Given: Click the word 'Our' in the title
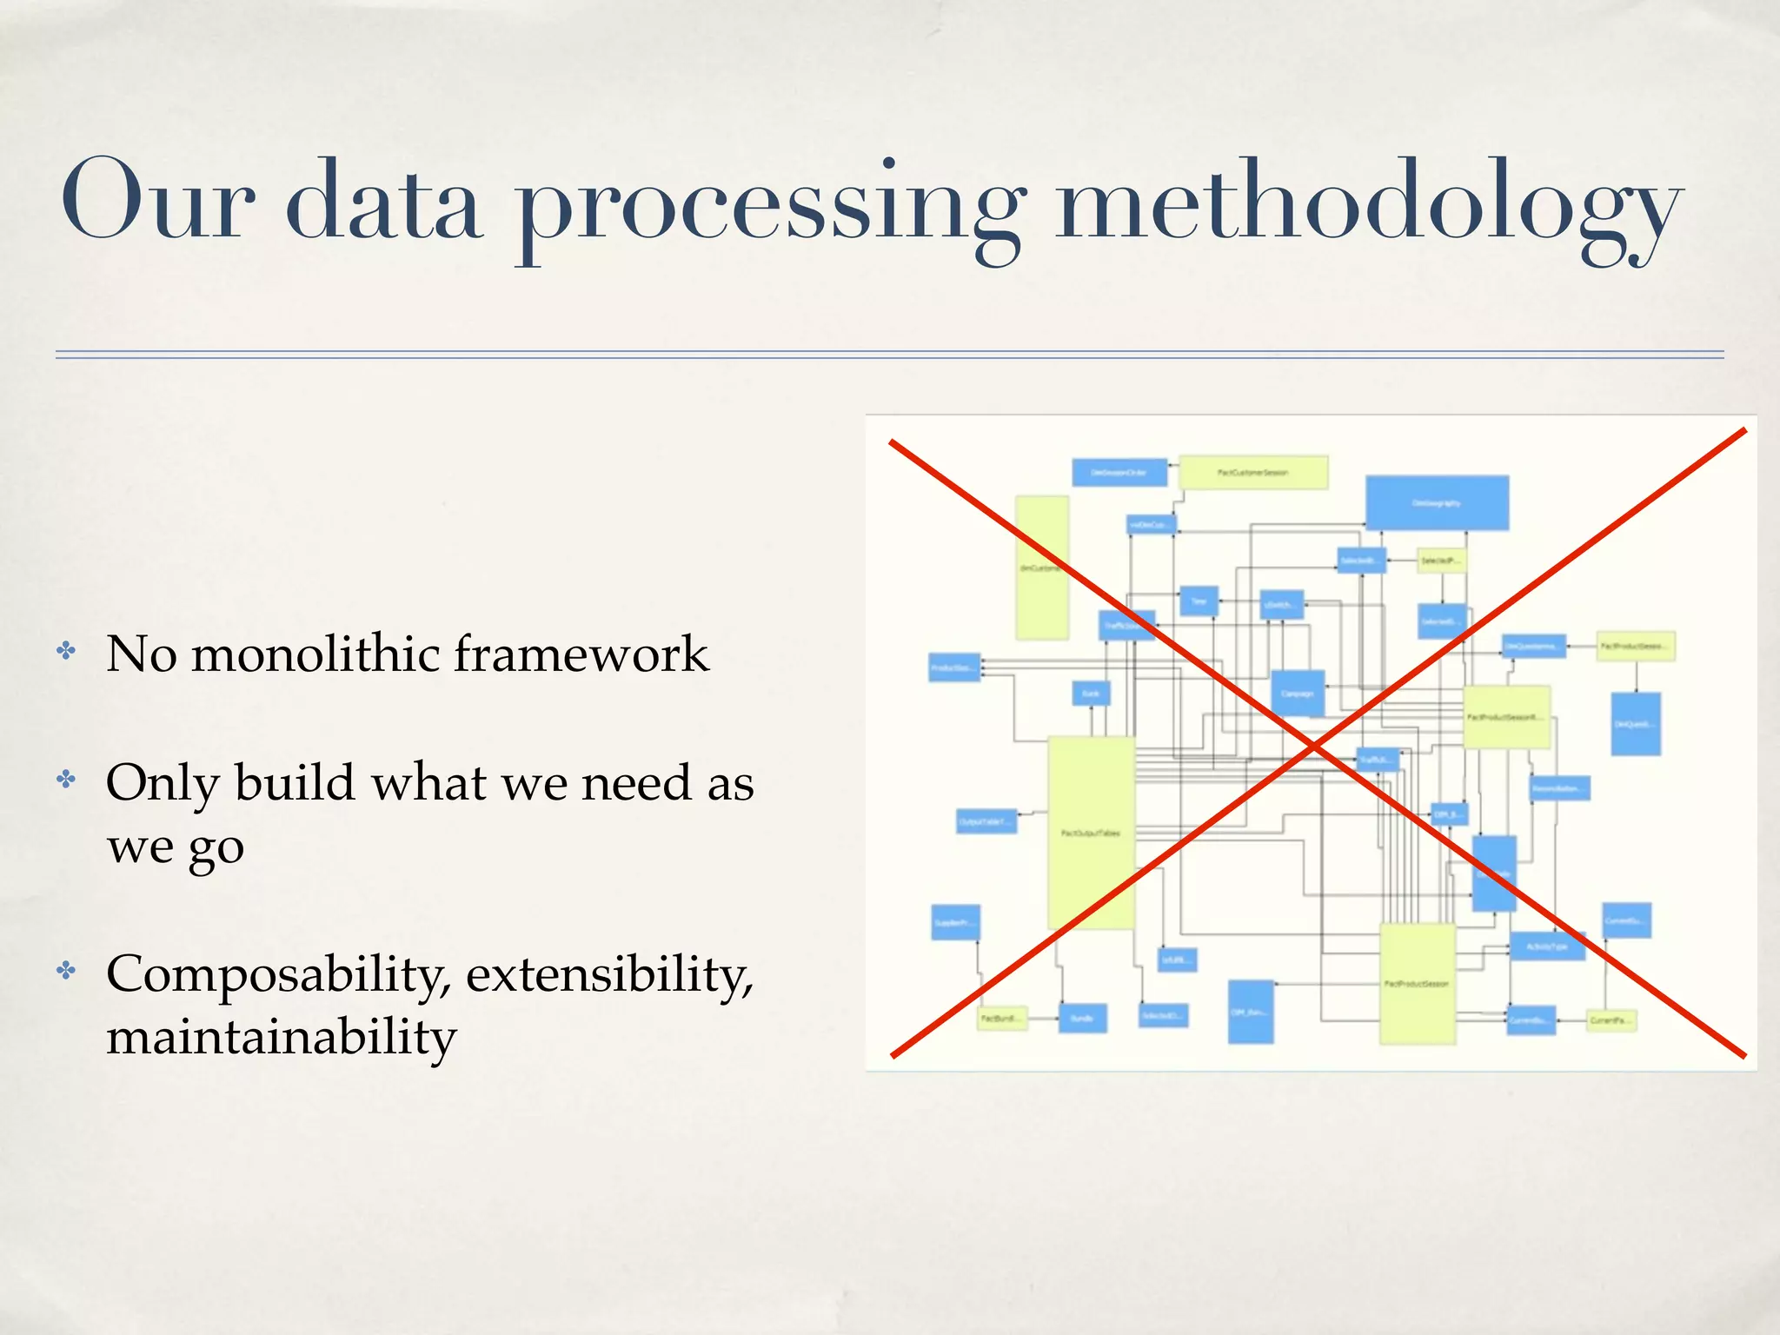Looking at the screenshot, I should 156,202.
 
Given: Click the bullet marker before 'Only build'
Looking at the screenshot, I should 66,779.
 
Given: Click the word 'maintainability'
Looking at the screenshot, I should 281,1037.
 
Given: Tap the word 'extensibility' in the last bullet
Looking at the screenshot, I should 608,973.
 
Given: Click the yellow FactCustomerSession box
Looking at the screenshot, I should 1252,473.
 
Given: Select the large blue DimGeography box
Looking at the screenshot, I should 1436,503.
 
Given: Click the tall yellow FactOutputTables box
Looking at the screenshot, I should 1091,833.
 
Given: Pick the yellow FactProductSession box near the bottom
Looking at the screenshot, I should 1417,983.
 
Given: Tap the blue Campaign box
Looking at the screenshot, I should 1297,694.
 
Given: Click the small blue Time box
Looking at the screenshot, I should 1199,601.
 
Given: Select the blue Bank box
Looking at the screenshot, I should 1090,694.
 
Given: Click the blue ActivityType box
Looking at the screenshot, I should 1546,946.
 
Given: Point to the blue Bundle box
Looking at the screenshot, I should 1082,1018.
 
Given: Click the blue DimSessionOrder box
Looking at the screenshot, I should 1119,473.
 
